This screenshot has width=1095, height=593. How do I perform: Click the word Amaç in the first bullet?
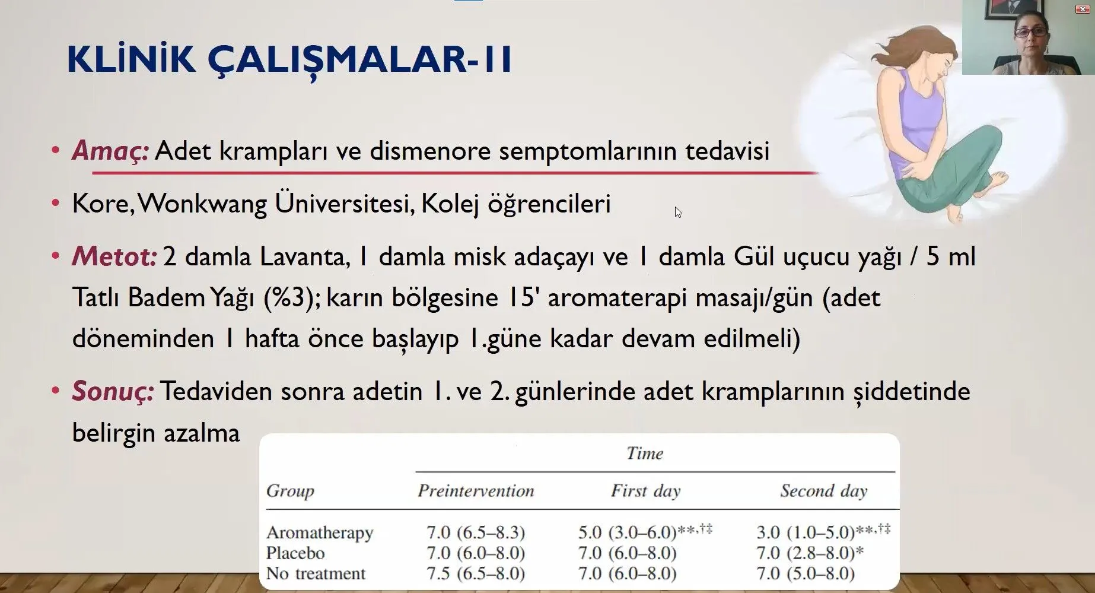tap(110, 151)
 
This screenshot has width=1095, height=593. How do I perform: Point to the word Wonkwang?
tap(203, 204)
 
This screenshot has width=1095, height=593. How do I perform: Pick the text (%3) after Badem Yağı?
tap(288, 297)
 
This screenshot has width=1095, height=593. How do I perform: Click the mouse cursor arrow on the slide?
tap(678, 213)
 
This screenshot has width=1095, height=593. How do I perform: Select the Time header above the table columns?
tap(645, 454)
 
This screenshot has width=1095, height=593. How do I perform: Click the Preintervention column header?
tap(476, 491)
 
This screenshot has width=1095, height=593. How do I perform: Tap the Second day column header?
tap(824, 491)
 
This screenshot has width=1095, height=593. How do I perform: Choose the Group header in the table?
tap(290, 491)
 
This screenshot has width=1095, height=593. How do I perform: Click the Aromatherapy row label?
tap(320, 532)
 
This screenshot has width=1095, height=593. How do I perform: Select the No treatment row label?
tap(316, 573)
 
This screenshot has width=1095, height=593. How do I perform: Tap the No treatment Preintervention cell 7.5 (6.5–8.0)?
tap(476, 573)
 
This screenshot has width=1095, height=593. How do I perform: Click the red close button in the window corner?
tap(1083, 9)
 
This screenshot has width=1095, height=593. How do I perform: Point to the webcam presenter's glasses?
tap(1030, 32)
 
